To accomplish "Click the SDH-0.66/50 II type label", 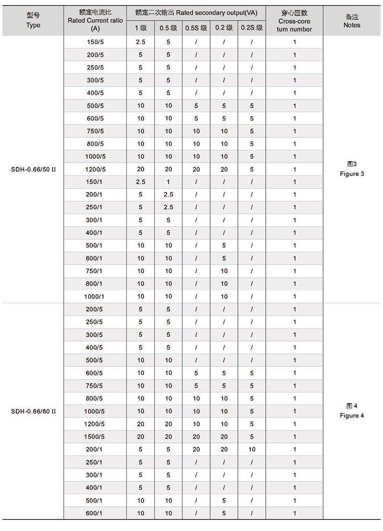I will point(34,169).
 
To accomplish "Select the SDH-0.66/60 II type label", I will point(34,411).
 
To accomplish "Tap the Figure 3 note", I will point(352,169).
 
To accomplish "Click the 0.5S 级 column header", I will point(196,28).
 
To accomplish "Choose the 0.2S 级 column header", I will point(252,28).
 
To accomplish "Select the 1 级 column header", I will point(141,28).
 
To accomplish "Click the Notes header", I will point(352,21).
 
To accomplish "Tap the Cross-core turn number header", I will point(294,21).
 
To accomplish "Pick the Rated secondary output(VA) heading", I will point(196,13).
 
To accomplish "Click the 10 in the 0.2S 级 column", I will point(252,450).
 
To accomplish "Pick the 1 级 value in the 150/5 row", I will point(141,42).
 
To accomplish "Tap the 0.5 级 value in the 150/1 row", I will point(169,182).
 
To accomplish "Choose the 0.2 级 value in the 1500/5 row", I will point(224,437).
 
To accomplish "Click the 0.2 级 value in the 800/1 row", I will point(224,284).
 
